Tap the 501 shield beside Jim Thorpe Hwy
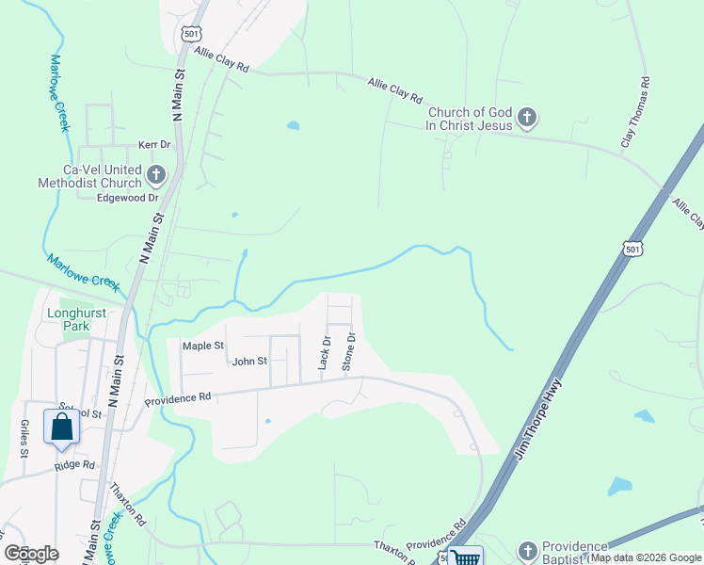[632, 247]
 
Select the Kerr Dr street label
[153, 145]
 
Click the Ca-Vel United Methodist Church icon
[155, 175]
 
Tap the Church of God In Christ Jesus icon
[527, 119]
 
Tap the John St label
[249, 361]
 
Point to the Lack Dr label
[324, 352]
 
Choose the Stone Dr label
[349, 349]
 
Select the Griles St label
[23, 437]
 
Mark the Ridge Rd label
[74, 465]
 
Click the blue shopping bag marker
[61, 427]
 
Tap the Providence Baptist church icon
[528, 550]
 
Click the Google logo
[31, 554]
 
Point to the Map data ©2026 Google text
[646, 557]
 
